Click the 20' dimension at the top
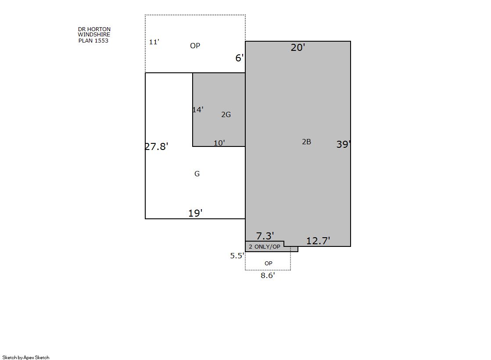pyautogui.click(x=298, y=47)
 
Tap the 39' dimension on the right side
pyautogui.click(x=344, y=144)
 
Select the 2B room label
pyautogui.click(x=307, y=142)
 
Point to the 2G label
pyautogui.click(x=226, y=114)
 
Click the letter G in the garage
pyautogui.click(x=197, y=174)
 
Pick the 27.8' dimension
pyautogui.click(x=157, y=146)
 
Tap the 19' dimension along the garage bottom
pyautogui.click(x=195, y=213)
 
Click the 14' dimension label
pyautogui.click(x=198, y=110)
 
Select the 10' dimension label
pyautogui.click(x=219, y=143)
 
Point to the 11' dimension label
pyautogui.click(x=154, y=42)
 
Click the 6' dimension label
pyautogui.click(x=240, y=58)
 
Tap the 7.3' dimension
pyautogui.click(x=265, y=236)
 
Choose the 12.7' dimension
pyautogui.click(x=318, y=241)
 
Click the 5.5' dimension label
pyautogui.click(x=237, y=256)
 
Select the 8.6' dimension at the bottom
pyautogui.click(x=268, y=275)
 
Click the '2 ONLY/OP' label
pyautogui.click(x=265, y=247)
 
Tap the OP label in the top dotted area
pyautogui.click(x=195, y=46)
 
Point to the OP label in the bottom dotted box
pyautogui.click(x=269, y=263)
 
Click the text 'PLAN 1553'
pyautogui.click(x=93, y=41)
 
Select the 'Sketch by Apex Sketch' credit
pyautogui.click(x=26, y=357)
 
